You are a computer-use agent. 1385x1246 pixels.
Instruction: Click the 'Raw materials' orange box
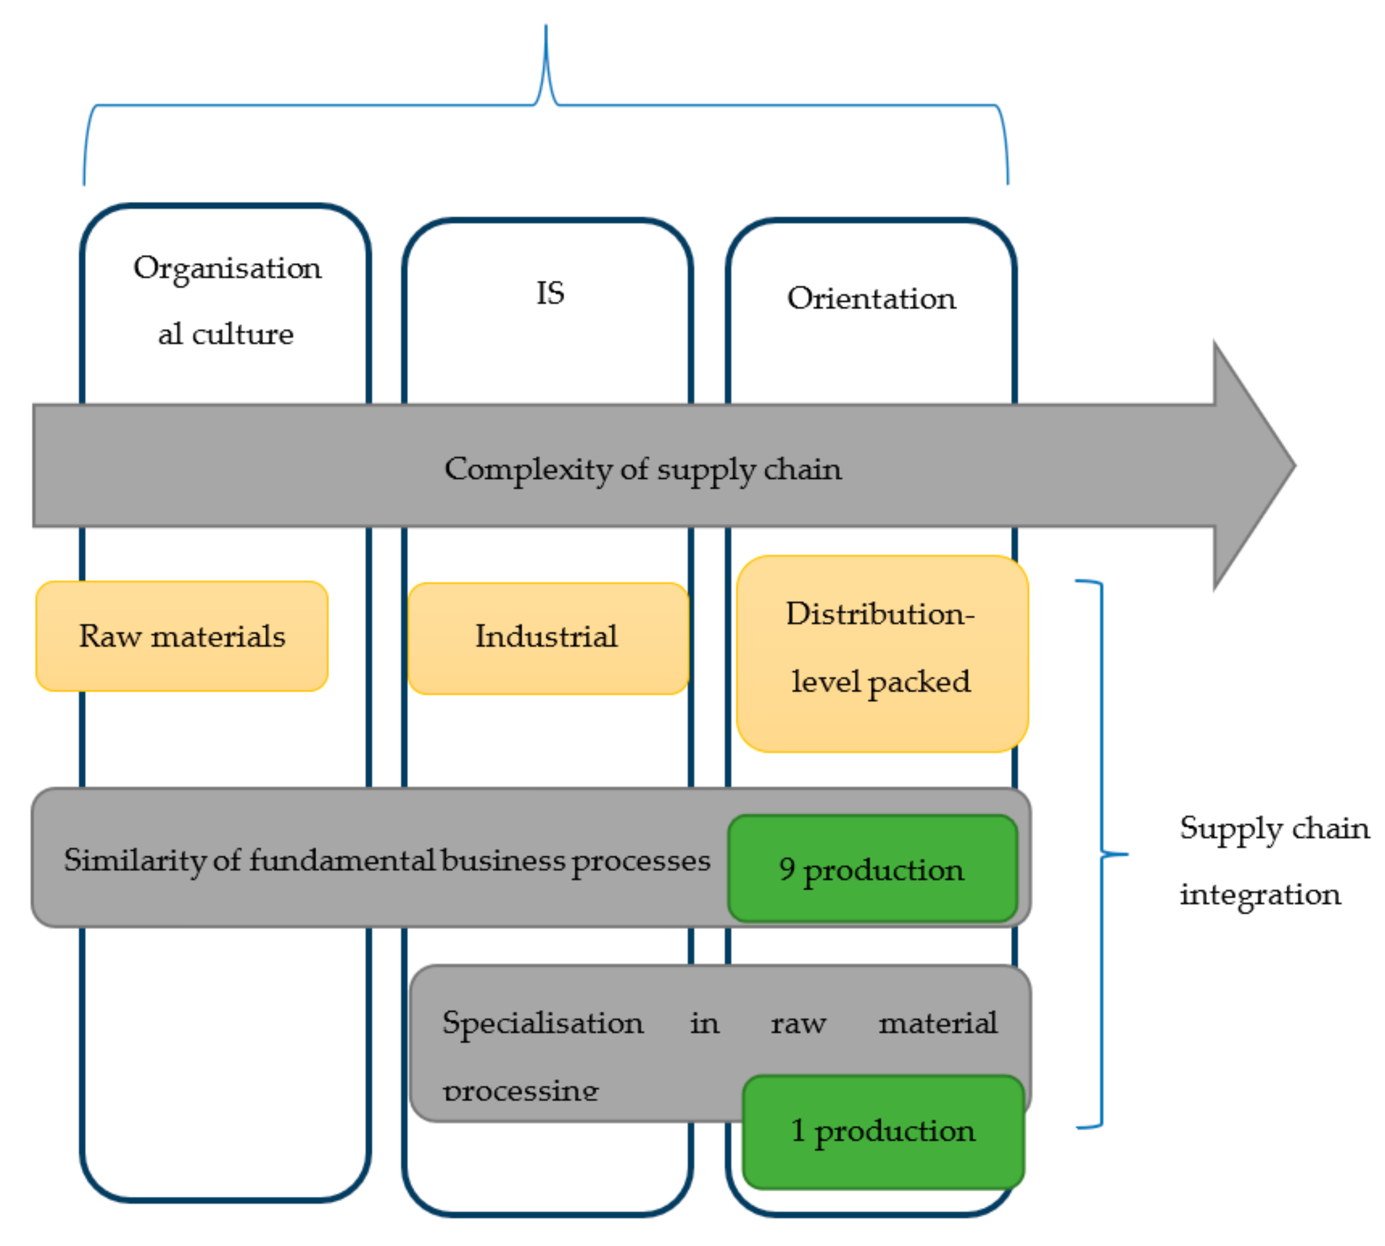(x=181, y=636)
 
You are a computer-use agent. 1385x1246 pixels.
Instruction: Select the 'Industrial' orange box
(x=547, y=637)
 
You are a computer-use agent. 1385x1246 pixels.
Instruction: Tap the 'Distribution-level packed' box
(x=882, y=654)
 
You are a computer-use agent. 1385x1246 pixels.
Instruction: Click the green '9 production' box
(x=872, y=868)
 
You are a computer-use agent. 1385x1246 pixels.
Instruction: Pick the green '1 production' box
(x=883, y=1131)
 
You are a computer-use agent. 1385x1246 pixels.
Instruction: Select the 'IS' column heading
(x=550, y=293)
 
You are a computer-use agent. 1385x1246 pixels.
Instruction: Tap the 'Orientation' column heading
(x=871, y=298)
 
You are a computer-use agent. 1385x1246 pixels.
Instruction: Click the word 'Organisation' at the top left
(x=227, y=268)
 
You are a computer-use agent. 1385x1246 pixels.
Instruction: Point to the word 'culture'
(x=242, y=334)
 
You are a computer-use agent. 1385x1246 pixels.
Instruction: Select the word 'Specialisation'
(x=542, y=1023)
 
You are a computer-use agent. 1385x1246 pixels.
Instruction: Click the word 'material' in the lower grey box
(x=938, y=1023)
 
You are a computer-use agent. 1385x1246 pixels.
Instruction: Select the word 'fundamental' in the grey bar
(x=342, y=860)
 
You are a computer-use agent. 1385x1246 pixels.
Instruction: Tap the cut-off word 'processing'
(x=520, y=1090)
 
